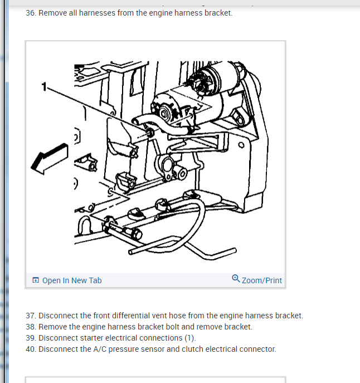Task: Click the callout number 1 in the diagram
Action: click(x=44, y=87)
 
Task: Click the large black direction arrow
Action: click(x=50, y=159)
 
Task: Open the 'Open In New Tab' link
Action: click(x=72, y=280)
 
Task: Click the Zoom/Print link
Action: click(x=262, y=280)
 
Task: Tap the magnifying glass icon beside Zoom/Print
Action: click(x=236, y=278)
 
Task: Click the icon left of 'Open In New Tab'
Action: click(x=36, y=280)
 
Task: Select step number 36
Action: click(x=31, y=13)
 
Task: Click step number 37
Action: click(x=31, y=316)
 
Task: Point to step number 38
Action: click(x=31, y=327)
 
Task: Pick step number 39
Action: click(x=31, y=338)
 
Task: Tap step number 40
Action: click(x=31, y=350)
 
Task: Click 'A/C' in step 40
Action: click(x=100, y=350)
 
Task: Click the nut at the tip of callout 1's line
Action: click(x=150, y=132)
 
